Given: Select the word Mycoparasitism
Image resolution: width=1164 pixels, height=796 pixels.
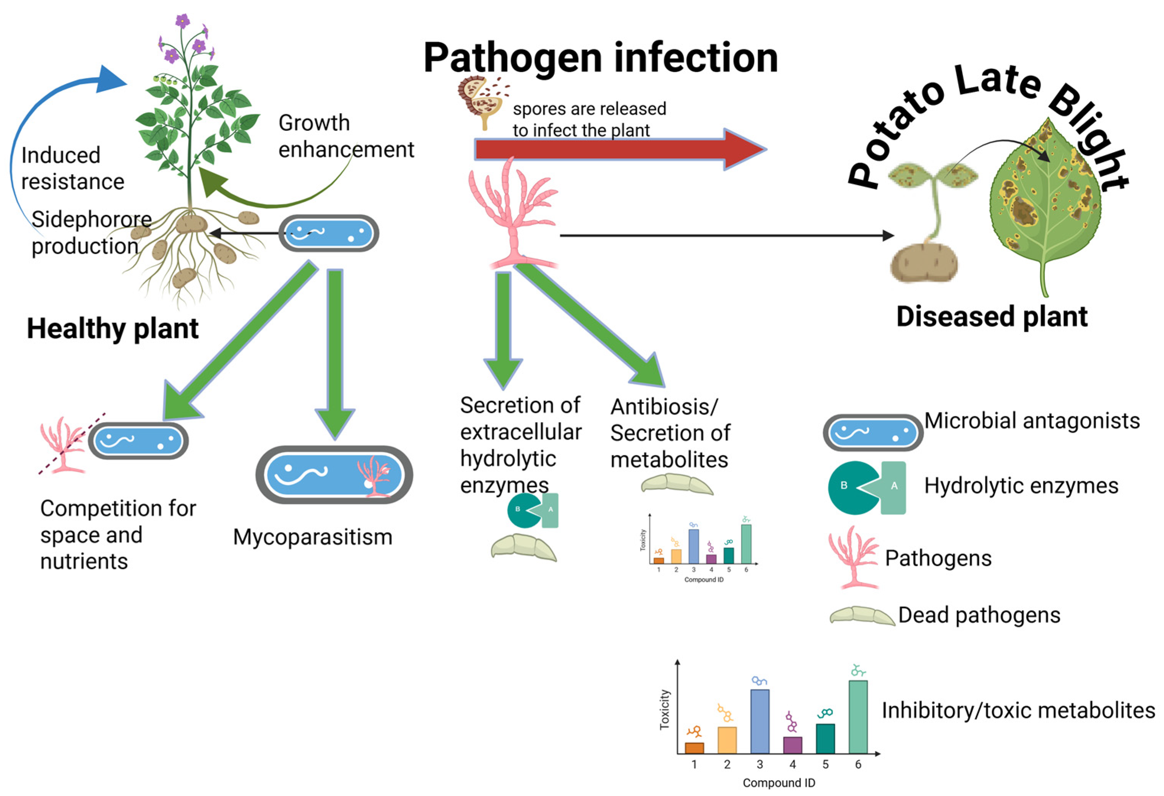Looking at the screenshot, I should tap(313, 537).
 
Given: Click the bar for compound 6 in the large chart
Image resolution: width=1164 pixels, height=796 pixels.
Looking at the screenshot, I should tap(857, 716).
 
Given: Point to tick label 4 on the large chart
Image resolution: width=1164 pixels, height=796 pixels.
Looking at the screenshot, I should tap(792, 764).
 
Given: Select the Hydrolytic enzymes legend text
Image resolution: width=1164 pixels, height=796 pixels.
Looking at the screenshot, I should tap(1021, 486).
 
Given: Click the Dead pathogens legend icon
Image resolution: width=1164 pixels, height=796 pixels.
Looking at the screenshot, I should tap(862, 616).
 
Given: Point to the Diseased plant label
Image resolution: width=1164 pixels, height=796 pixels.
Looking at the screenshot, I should tap(992, 317).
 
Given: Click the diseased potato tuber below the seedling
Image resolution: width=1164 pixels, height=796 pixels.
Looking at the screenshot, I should tap(923, 262).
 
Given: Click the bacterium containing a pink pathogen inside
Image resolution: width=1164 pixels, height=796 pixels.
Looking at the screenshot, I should tap(334, 474).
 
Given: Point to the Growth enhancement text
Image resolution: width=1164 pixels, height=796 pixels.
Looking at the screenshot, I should tap(346, 136).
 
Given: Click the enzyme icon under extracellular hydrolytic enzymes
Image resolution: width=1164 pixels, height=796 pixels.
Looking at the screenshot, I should tap(533, 510).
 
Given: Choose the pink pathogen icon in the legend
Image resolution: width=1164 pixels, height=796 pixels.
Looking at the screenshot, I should tap(852, 557).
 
